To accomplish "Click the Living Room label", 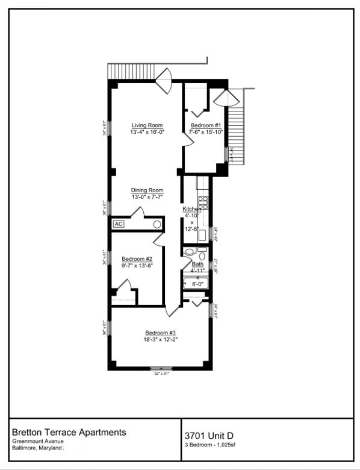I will [x=147, y=125].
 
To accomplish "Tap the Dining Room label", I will [x=147, y=190].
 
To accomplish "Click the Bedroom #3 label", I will [x=160, y=333].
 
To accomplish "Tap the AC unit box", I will [x=119, y=224].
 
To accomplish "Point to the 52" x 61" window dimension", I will [x=161, y=374].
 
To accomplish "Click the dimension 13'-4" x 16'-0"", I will [x=147, y=131].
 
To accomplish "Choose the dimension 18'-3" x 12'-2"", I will [x=160, y=339].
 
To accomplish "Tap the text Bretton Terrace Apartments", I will [x=69, y=432].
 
